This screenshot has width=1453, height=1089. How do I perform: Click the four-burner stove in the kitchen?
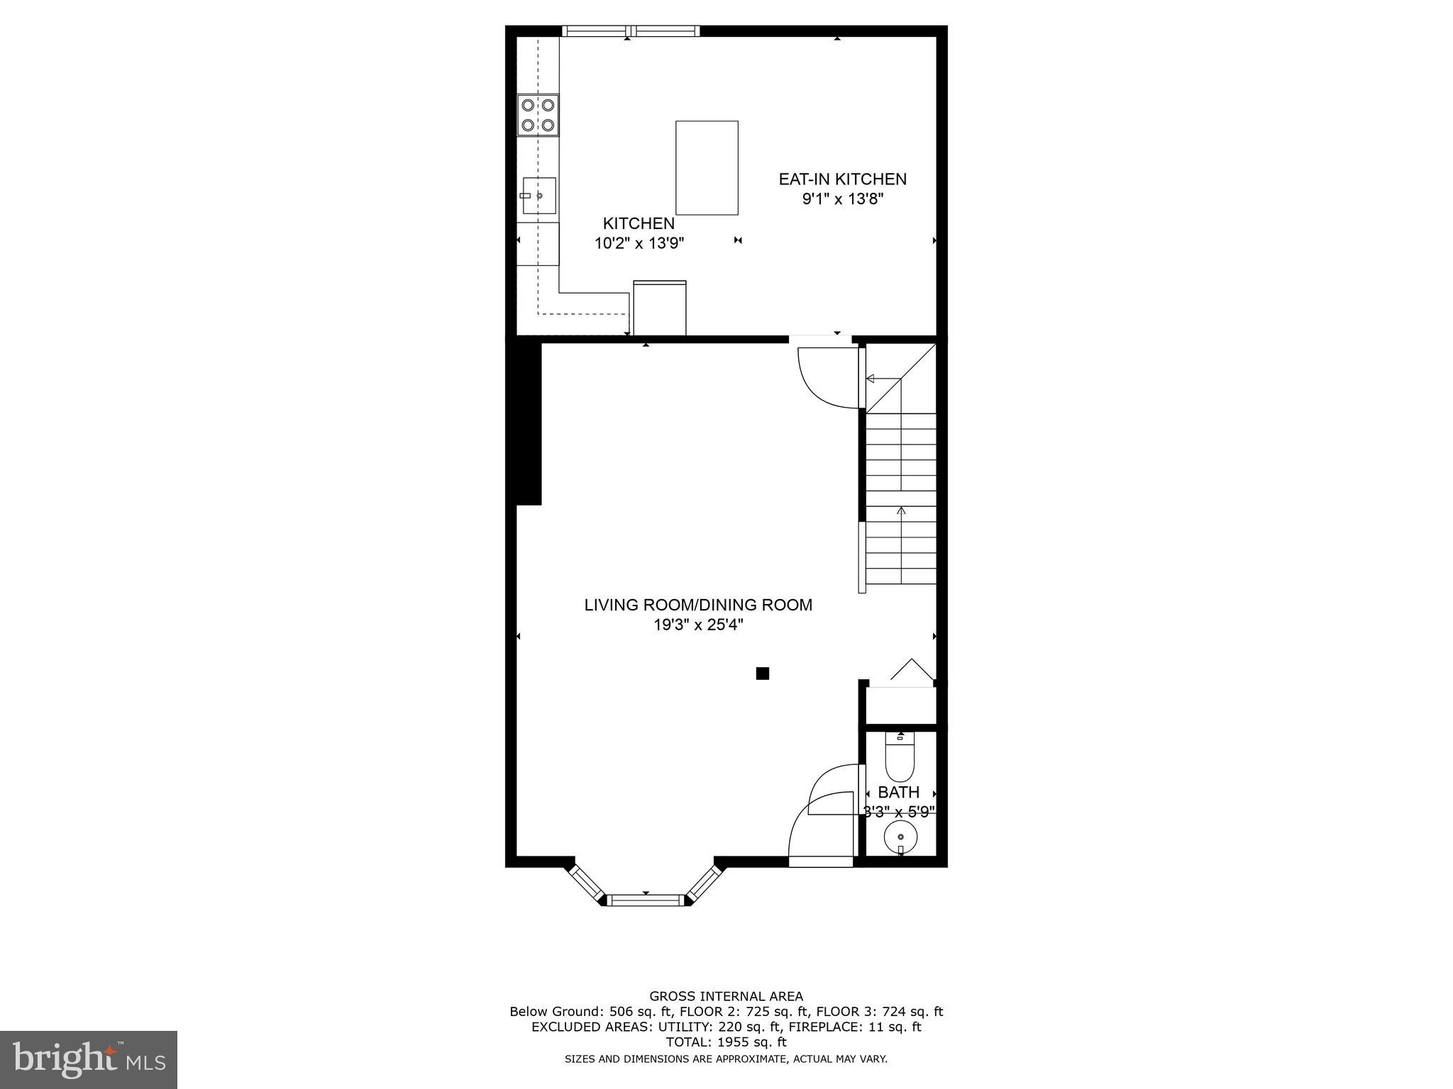(x=538, y=115)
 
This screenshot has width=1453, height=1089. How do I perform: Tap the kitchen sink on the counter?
(x=538, y=195)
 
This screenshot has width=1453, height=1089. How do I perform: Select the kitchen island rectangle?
(x=706, y=167)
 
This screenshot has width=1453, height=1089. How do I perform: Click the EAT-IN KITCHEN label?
(x=842, y=179)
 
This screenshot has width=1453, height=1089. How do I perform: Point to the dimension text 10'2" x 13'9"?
(x=639, y=244)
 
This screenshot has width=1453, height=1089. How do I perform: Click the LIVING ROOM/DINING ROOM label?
(x=698, y=605)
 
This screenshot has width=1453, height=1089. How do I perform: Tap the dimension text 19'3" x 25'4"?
(x=698, y=625)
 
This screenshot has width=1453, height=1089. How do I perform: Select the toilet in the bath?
(x=900, y=758)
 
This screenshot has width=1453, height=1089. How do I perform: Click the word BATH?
(x=898, y=793)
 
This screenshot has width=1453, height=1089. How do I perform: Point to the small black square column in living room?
(x=762, y=674)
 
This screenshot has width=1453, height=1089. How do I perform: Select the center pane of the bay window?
(x=646, y=900)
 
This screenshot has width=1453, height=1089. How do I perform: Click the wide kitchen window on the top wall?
(x=631, y=31)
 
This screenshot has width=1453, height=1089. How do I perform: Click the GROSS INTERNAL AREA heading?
(x=726, y=996)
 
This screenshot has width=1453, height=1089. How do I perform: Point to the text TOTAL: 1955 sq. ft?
(x=726, y=1042)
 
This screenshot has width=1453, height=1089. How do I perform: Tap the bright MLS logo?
(x=89, y=1059)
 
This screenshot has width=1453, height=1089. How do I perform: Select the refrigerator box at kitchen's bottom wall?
(x=659, y=308)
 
